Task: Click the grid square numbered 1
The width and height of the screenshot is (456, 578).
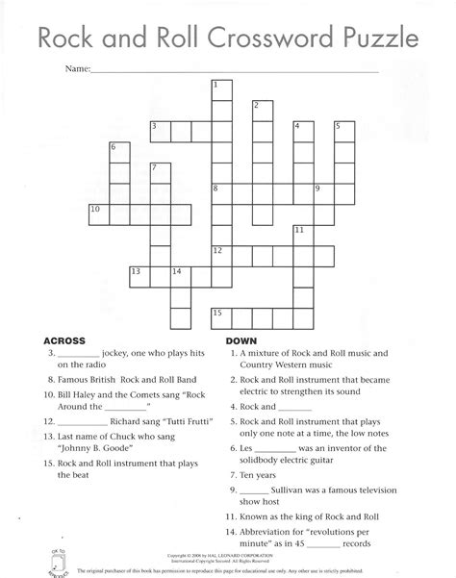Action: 221,90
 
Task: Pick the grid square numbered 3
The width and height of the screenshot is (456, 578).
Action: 159,130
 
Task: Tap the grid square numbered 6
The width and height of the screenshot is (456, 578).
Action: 118,152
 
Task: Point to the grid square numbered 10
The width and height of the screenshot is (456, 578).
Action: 97,212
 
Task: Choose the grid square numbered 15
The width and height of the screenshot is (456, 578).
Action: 221,314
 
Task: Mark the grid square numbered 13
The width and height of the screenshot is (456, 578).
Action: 139,275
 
